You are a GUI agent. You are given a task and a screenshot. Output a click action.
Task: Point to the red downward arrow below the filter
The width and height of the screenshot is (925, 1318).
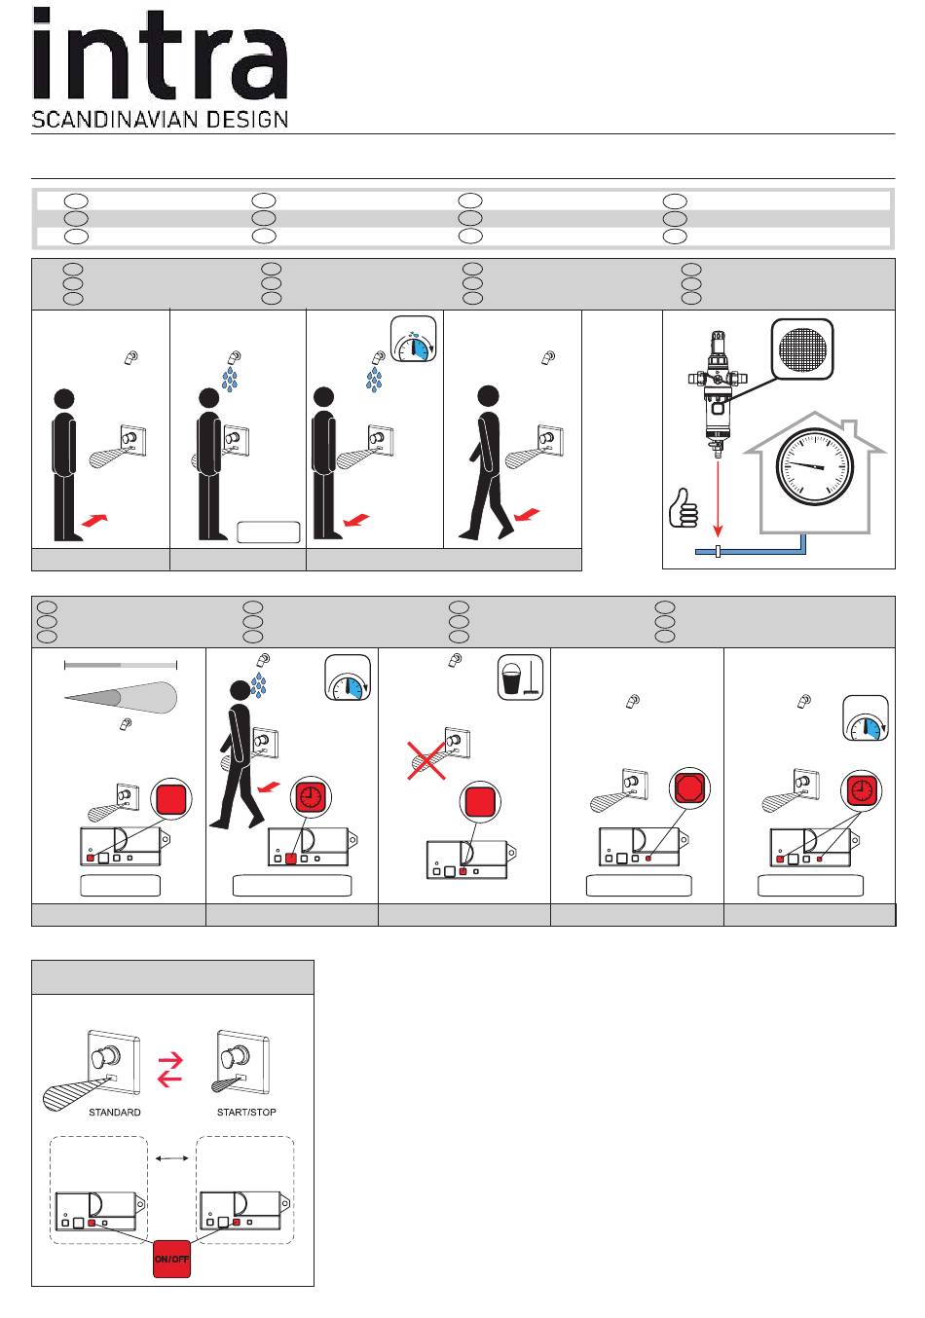tap(719, 496)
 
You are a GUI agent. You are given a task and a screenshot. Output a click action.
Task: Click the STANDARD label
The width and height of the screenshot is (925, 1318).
tap(115, 1112)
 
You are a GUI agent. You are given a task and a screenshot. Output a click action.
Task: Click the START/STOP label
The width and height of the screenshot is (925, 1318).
tap(246, 1112)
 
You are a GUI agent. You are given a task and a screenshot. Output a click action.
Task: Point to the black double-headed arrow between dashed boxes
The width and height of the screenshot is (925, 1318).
tap(171, 1157)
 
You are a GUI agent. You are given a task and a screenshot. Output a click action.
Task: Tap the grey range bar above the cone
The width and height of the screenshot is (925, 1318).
tap(121, 665)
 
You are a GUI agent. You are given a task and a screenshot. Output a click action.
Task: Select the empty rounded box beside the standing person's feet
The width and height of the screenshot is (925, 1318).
tap(269, 531)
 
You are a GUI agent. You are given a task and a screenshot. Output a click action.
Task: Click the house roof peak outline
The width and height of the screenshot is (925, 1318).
tap(816, 419)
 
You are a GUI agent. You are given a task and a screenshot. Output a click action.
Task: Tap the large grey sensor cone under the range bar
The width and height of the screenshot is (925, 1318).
tap(122, 697)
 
